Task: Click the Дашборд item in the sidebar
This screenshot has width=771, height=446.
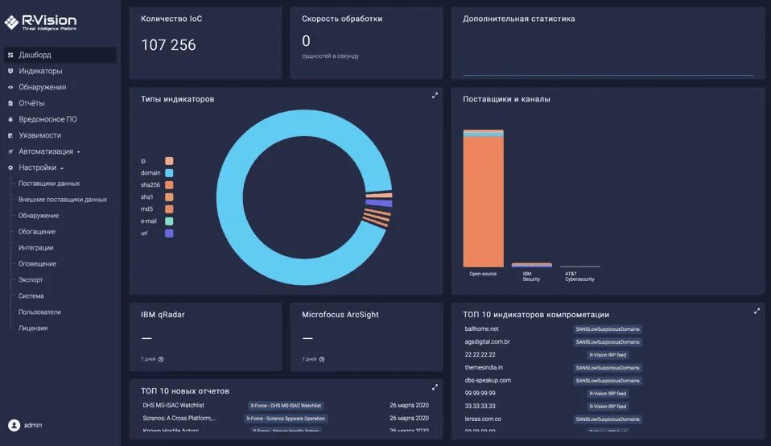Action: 35,55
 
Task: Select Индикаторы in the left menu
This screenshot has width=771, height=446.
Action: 40,71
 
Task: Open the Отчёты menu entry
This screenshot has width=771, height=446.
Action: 31,103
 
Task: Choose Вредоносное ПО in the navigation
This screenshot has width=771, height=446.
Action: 47,119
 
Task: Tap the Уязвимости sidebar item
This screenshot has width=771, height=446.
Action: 39,135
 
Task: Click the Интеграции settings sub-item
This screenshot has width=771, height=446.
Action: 36,248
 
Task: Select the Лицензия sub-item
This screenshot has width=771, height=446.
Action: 33,328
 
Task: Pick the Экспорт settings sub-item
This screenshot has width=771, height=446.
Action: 31,280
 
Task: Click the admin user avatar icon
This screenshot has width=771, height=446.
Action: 14,425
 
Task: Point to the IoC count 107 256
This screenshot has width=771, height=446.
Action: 168,45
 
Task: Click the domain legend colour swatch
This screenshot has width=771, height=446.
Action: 170,173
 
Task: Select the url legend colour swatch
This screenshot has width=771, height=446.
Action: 170,233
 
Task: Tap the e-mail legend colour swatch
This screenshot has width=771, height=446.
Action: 170,221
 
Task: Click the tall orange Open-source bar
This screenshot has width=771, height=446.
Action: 483,201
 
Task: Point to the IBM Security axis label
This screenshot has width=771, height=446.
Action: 531,276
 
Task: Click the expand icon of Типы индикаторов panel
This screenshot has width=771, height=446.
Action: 435,95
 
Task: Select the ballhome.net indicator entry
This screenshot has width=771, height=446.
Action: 482,329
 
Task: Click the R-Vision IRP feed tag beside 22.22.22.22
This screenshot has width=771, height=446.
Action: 608,355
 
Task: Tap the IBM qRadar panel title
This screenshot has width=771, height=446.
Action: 163,315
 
